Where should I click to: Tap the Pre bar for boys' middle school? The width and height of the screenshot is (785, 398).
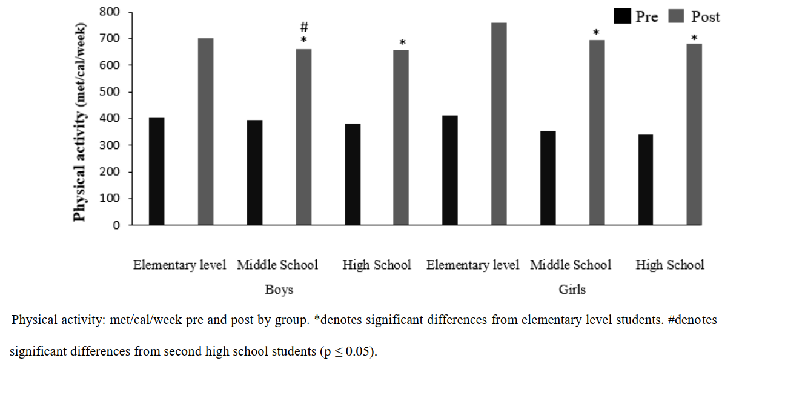point(254,173)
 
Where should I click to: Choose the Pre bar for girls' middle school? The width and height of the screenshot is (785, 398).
point(548,178)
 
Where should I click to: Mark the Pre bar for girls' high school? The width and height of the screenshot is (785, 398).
point(645,180)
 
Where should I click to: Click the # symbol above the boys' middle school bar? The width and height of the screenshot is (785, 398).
point(304,27)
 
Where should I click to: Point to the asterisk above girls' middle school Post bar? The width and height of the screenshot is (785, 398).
point(596,33)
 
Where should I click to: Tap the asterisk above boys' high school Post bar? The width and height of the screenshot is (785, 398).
point(402,43)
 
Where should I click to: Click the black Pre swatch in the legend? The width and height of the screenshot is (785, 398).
point(622,16)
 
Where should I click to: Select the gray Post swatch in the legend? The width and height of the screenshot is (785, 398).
point(676,16)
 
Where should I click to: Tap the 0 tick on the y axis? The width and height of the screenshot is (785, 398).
point(116,225)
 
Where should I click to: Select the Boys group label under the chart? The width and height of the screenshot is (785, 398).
point(279,290)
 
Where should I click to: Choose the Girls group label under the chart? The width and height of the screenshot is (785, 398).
point(572,290)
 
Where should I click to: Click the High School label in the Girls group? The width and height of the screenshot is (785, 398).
point(669,265)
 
